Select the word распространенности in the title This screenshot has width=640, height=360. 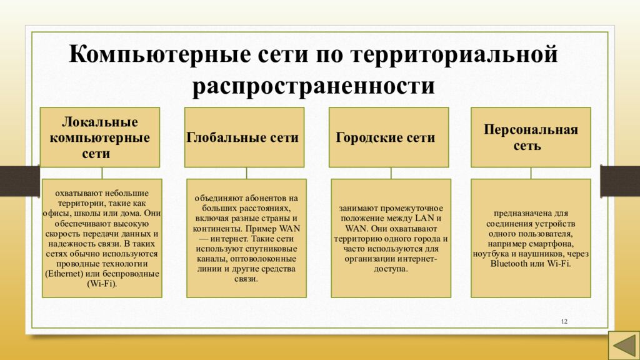(314, 86)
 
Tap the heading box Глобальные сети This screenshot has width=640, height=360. (244, 137)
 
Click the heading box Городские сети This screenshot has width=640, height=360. (389, 137)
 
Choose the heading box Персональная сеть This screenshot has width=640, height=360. (531, 137)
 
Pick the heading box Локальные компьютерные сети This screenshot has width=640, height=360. (99, 137)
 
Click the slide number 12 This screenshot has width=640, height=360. (564, 321)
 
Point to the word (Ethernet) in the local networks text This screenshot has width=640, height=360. (63, 274)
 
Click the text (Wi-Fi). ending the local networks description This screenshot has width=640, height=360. (102, 284)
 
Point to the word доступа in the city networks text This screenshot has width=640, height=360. (389, 269)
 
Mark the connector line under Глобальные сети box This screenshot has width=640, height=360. (246, 173)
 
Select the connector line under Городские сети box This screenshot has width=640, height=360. (391, 173)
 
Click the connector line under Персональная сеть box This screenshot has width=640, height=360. (531, 173)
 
